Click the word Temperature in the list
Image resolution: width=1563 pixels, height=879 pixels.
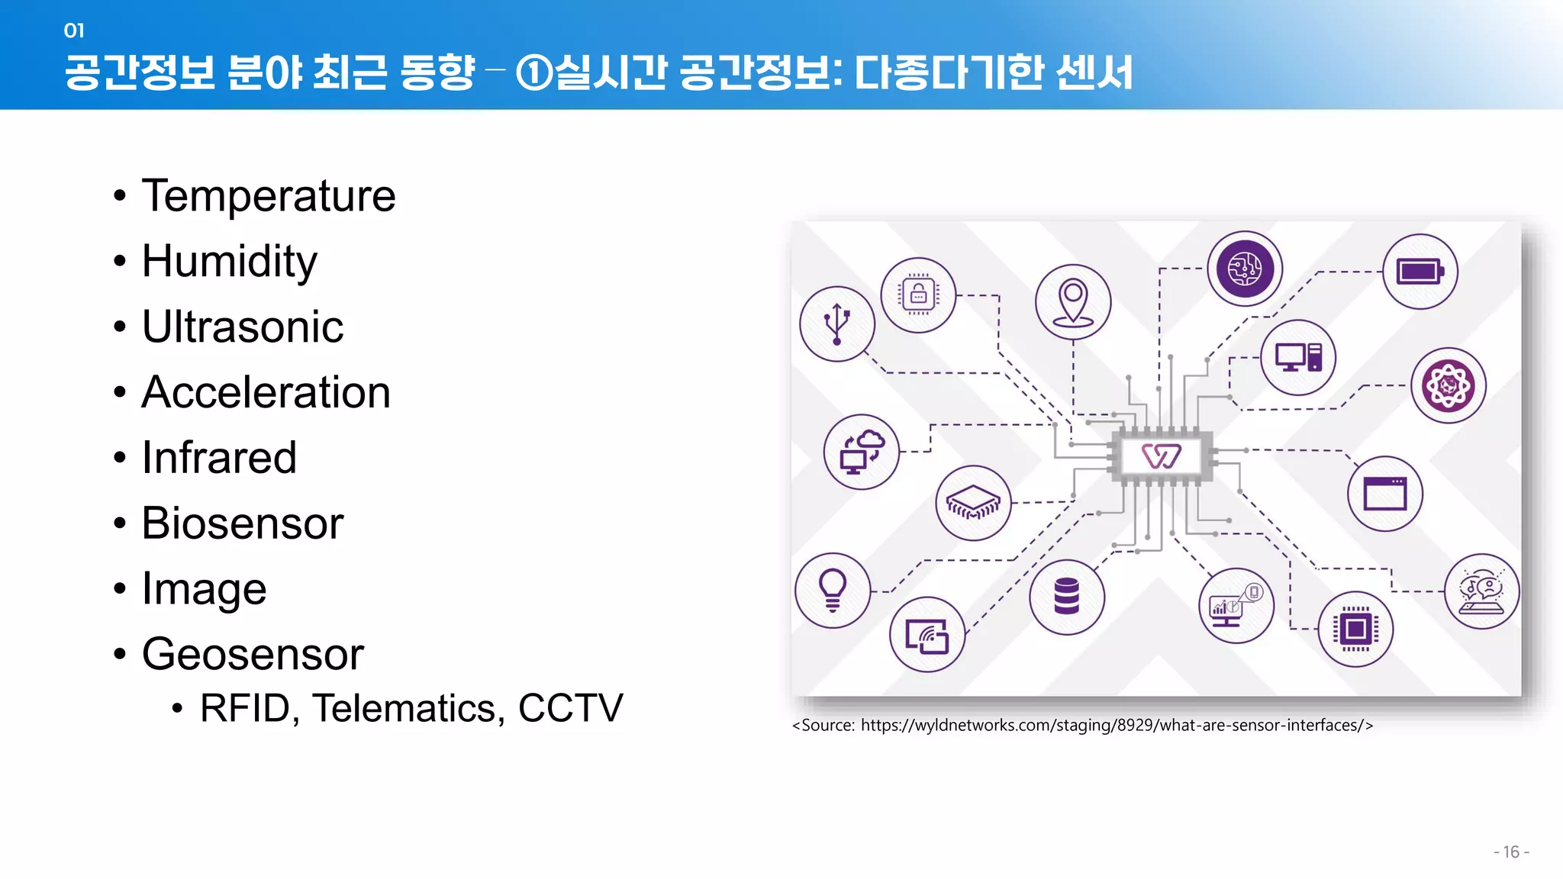pyautogui.click(x=269, y=196)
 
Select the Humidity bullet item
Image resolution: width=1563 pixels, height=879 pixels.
pyautogui.click(x=229, y=262)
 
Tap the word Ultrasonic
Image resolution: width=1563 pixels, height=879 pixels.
pyautogui.click(x=243, y=327)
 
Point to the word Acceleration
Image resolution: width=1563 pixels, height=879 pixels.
pyautogui.click(x=266, y=393)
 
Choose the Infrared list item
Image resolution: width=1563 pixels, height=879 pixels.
pyautogui.click(x=219, y=458)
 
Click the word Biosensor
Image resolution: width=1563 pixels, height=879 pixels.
pyautogui.click(x=243, y=523)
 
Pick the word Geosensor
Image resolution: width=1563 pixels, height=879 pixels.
pyautogui.click(x=253, y=655)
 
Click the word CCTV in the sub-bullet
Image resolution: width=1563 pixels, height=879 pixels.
pyautogui.click(x=570, y=708)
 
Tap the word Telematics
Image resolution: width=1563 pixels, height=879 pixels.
pyautogui.click(x=408, y=708)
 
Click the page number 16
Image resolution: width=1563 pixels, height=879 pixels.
pyautogui.click(x=1511, y=852)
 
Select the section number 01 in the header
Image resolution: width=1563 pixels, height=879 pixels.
pyautogui.click(x=74, y=31)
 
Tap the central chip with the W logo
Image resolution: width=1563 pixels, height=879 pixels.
pyautogui.click(x=1162, y=456)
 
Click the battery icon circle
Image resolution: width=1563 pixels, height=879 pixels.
pyautogui.click(x=1420, y=272)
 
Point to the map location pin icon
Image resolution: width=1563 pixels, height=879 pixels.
pyautogui.click(x=1073, y=301)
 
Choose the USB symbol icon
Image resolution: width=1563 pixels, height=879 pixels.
pyautogui.click(x=837, y=324)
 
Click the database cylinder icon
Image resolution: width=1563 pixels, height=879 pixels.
pyautogui.click(x=1067, y=596)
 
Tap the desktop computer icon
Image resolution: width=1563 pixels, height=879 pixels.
pyautogui.click(x=1298, y=357)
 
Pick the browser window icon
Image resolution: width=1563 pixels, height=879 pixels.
pyautogui.click(x=1385, y=494)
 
